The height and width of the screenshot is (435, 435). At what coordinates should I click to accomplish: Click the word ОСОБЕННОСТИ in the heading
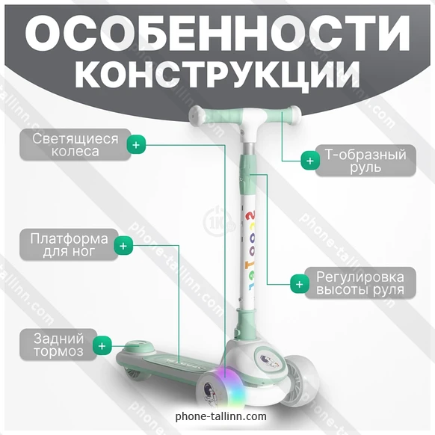tap(217, 33)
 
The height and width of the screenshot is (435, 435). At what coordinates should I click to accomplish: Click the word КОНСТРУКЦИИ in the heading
tap(217, 75)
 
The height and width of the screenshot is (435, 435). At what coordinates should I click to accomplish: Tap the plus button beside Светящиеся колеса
tap(136, 144)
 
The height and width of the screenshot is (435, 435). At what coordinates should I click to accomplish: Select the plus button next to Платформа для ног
tap(123, 245)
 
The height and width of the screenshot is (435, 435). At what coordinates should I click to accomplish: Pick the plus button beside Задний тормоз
tap(102, 345)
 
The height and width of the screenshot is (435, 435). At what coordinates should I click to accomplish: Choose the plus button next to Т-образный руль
tap(310, 161)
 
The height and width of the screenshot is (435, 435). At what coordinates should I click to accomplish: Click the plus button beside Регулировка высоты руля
tap(300, 284)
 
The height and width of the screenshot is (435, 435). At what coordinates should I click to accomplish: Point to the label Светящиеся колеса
tap(75, 144)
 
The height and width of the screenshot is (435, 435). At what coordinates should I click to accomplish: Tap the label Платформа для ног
tap(69, 244)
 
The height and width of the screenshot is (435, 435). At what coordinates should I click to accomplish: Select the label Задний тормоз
tap(58, 345)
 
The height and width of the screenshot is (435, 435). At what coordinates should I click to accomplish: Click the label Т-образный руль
tap(365, 161)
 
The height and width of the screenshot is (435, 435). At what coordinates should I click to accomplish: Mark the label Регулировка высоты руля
tap(360, 283)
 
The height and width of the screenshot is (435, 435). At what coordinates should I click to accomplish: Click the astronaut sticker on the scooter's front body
tap(268, 360)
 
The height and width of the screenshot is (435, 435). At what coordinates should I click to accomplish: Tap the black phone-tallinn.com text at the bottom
tap(221, 416)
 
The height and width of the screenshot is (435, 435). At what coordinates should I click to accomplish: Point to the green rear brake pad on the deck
tap(139, 348)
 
